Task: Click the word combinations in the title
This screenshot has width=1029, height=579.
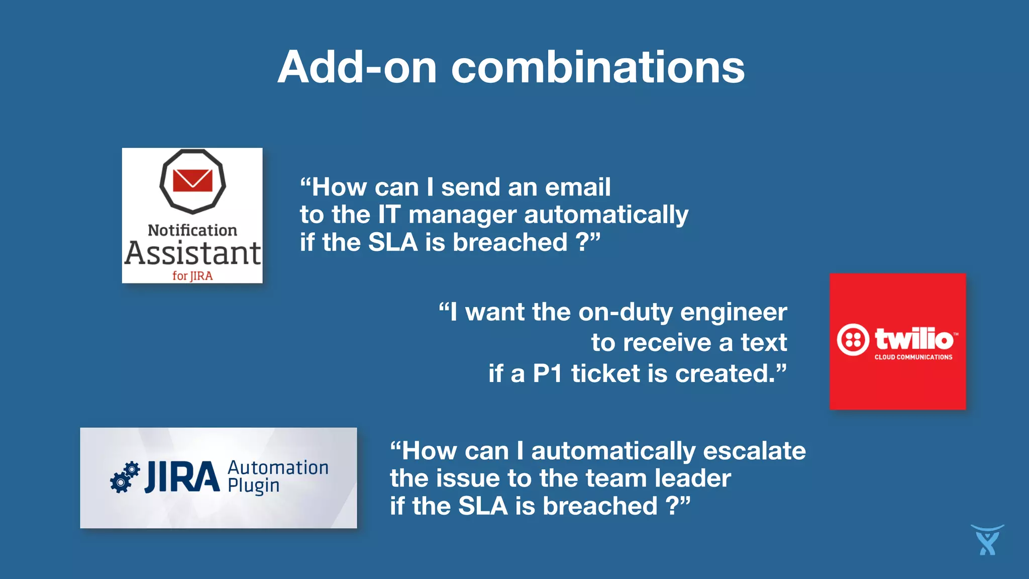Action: click(597, 67)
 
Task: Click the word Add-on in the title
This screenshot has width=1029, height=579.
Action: click(357, 67)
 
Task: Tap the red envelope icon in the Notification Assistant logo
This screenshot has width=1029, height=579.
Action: click(192, 180)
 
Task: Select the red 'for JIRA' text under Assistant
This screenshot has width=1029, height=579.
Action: click(192, 275)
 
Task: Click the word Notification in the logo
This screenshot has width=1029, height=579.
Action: click(192, 230)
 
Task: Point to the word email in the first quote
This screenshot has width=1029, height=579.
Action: click(578, 187)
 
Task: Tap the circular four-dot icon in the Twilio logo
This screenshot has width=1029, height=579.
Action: click(853, 340)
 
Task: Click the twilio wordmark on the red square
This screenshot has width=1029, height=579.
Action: click(914, 339)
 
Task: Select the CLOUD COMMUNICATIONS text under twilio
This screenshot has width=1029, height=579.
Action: click(913, 357)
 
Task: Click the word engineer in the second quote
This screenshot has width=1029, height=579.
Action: click(734, 312)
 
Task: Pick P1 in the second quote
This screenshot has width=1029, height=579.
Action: click(547, 373)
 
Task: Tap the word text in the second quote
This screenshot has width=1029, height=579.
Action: click(764, 343)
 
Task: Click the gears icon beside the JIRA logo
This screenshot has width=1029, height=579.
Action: click(125, 477)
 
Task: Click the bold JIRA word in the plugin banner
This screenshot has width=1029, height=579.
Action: click(182, 477)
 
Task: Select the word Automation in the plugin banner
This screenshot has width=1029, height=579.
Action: click(278, 468)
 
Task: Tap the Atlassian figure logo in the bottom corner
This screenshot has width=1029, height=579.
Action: click(987, 540)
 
